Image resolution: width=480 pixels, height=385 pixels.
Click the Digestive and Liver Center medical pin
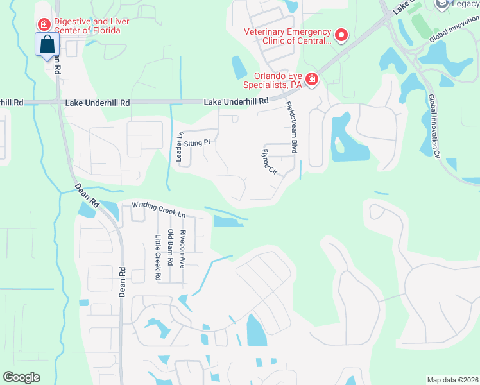pos(44,24)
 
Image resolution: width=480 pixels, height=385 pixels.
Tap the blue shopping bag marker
pos(47,44)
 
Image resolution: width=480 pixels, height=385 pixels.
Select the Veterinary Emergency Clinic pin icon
pos(341,35)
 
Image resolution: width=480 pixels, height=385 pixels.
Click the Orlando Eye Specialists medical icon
pos(311,79)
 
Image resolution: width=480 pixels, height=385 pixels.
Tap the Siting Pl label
pos(197,142)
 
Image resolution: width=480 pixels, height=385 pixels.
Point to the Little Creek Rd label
pos(157,258)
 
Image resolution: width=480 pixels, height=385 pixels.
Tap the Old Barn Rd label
pos(170,248)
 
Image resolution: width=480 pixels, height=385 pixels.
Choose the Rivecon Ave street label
pos(183,248)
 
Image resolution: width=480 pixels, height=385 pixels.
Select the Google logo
pos(21,377)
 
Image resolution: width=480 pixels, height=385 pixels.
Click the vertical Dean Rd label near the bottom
pos(122,281)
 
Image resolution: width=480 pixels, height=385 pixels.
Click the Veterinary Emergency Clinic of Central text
pos(287,36)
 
